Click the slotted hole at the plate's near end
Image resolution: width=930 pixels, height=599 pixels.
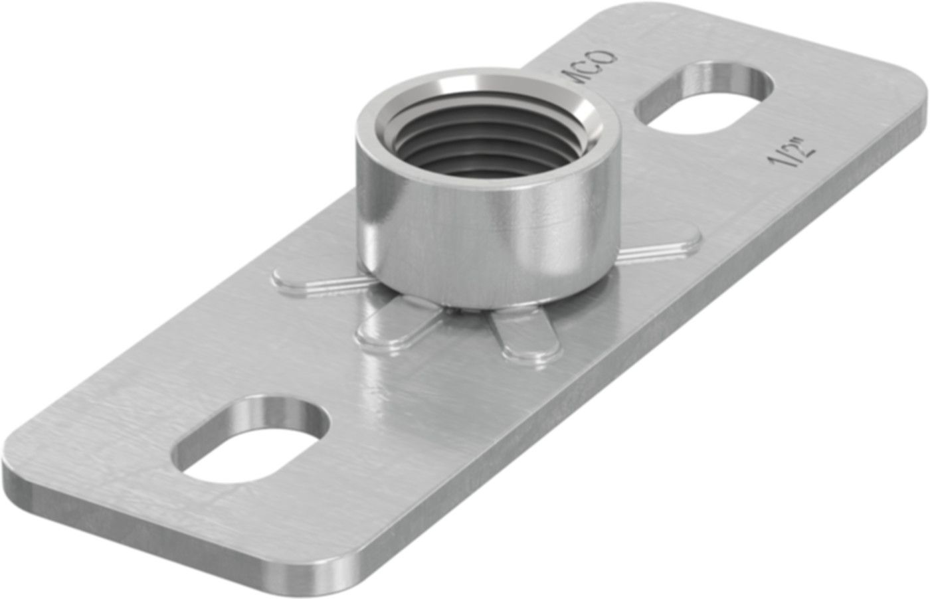tap(252, 438)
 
